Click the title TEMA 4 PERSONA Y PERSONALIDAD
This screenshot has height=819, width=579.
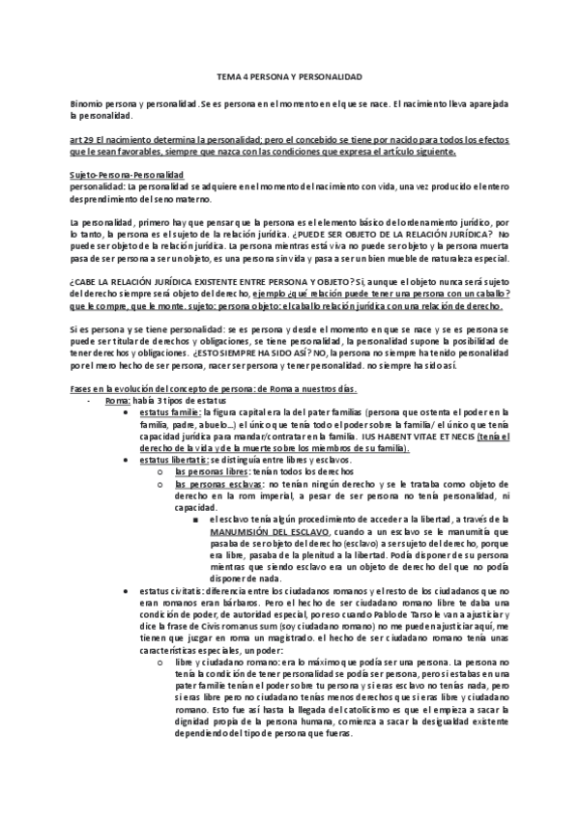(x=289, y=74)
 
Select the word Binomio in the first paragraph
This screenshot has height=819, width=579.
(x=88, y=102)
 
